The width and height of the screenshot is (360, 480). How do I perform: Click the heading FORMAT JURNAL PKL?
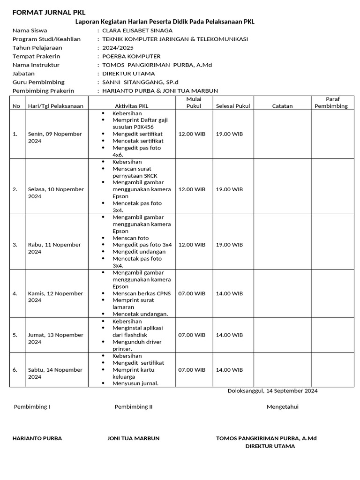coord(49,12)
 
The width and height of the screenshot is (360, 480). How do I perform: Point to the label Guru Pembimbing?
coord(38,82)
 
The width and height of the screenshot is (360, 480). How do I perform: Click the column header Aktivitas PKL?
coord(131,106)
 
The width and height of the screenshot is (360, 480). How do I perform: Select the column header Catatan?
coord(282,106)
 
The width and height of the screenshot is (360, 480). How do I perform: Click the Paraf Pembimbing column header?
coord(332,103)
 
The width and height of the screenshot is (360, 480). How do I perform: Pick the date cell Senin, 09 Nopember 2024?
coord(55,137)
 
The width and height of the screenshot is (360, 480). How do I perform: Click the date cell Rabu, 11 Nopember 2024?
coord(54,248)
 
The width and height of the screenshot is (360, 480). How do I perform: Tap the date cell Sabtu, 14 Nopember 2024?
coord(55,373)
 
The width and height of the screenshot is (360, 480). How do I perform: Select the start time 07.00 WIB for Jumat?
coord(192,335)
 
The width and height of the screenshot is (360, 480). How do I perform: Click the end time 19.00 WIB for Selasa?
coord(229,189)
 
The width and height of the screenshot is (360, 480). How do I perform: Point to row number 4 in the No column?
coord(15,293)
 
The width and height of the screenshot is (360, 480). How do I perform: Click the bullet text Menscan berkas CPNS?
coord(142,293)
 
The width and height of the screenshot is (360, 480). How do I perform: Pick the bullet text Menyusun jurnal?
coord(135,383)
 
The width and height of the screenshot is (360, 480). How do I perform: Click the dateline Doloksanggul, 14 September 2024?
coord(272,391)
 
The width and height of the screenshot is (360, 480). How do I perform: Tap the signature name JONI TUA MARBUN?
coord(134,438)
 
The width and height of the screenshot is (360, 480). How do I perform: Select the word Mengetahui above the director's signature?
coord(282,407)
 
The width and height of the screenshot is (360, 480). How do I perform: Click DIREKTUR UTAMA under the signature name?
coord(270,446)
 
